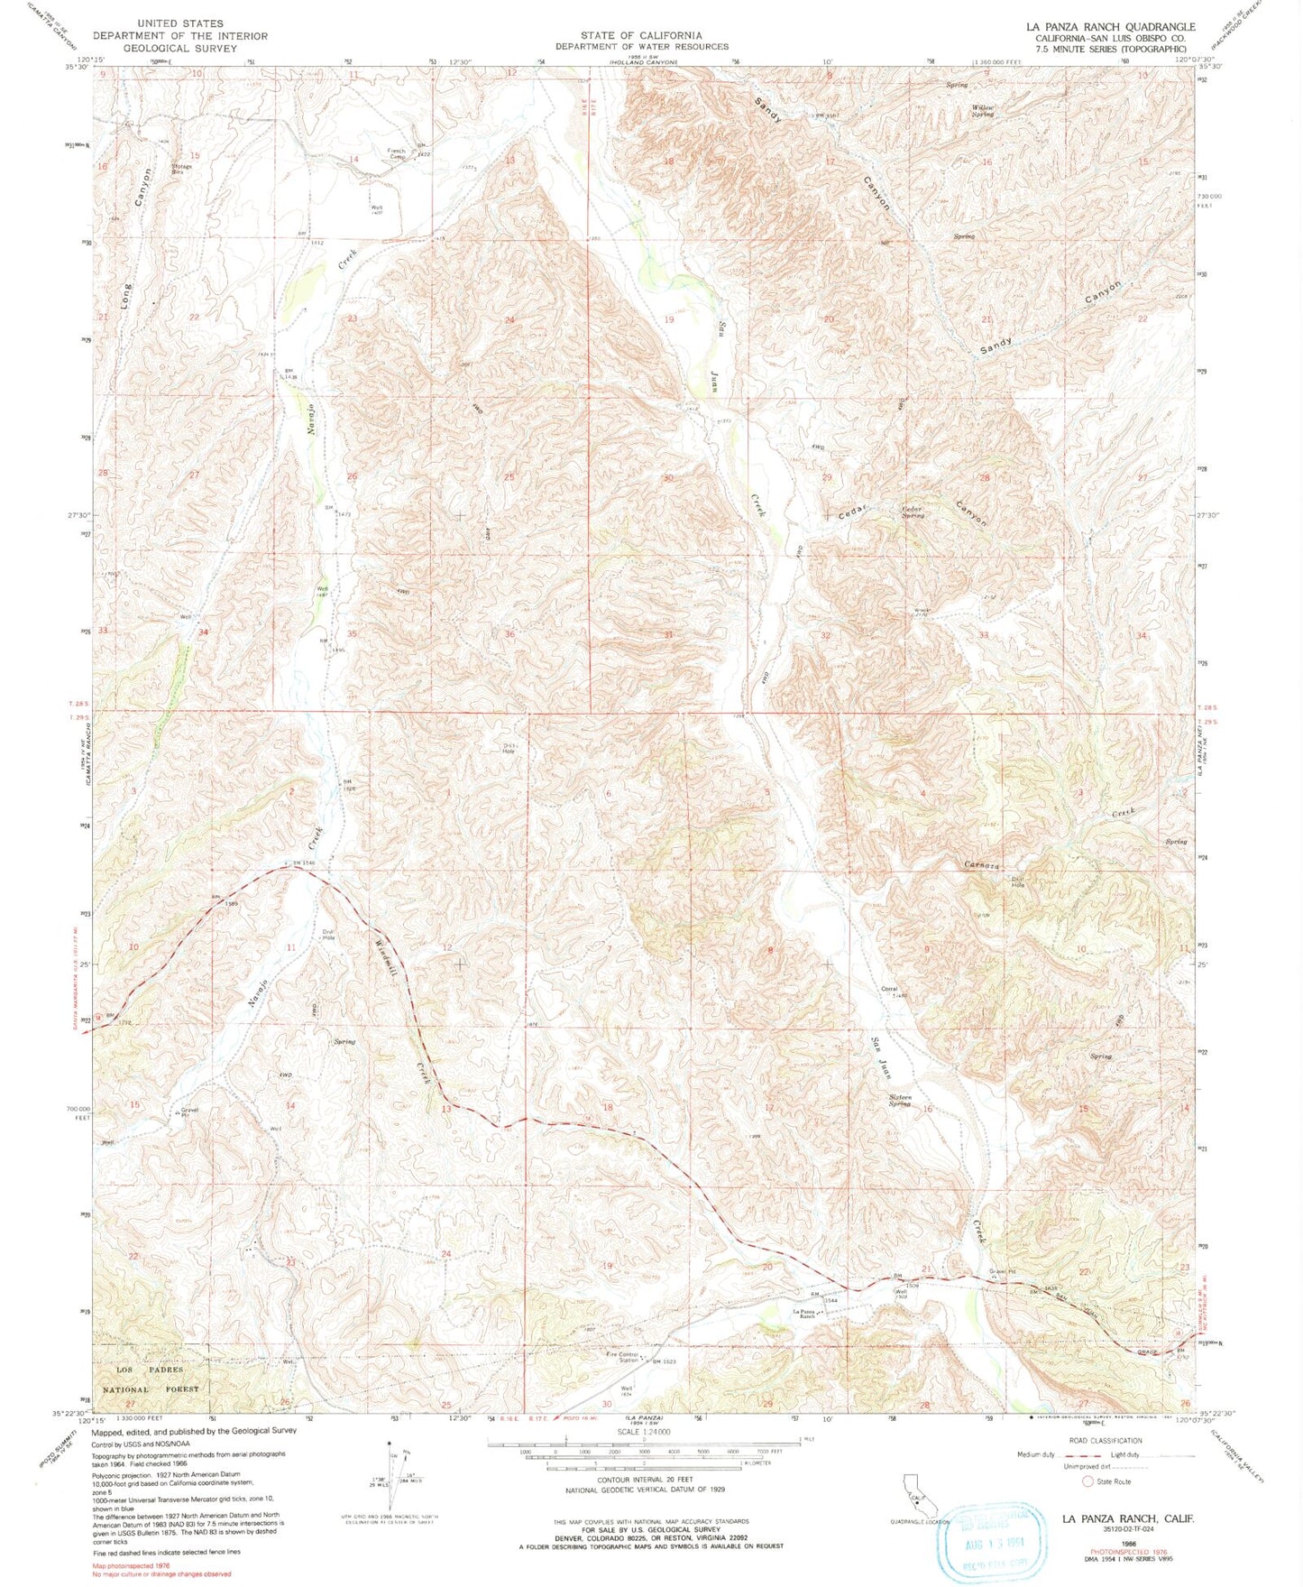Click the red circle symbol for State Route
click(1087, 1481)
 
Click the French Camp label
click(397, 153)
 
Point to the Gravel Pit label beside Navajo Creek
click(188, 1112)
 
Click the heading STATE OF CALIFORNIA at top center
click(641, 35)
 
